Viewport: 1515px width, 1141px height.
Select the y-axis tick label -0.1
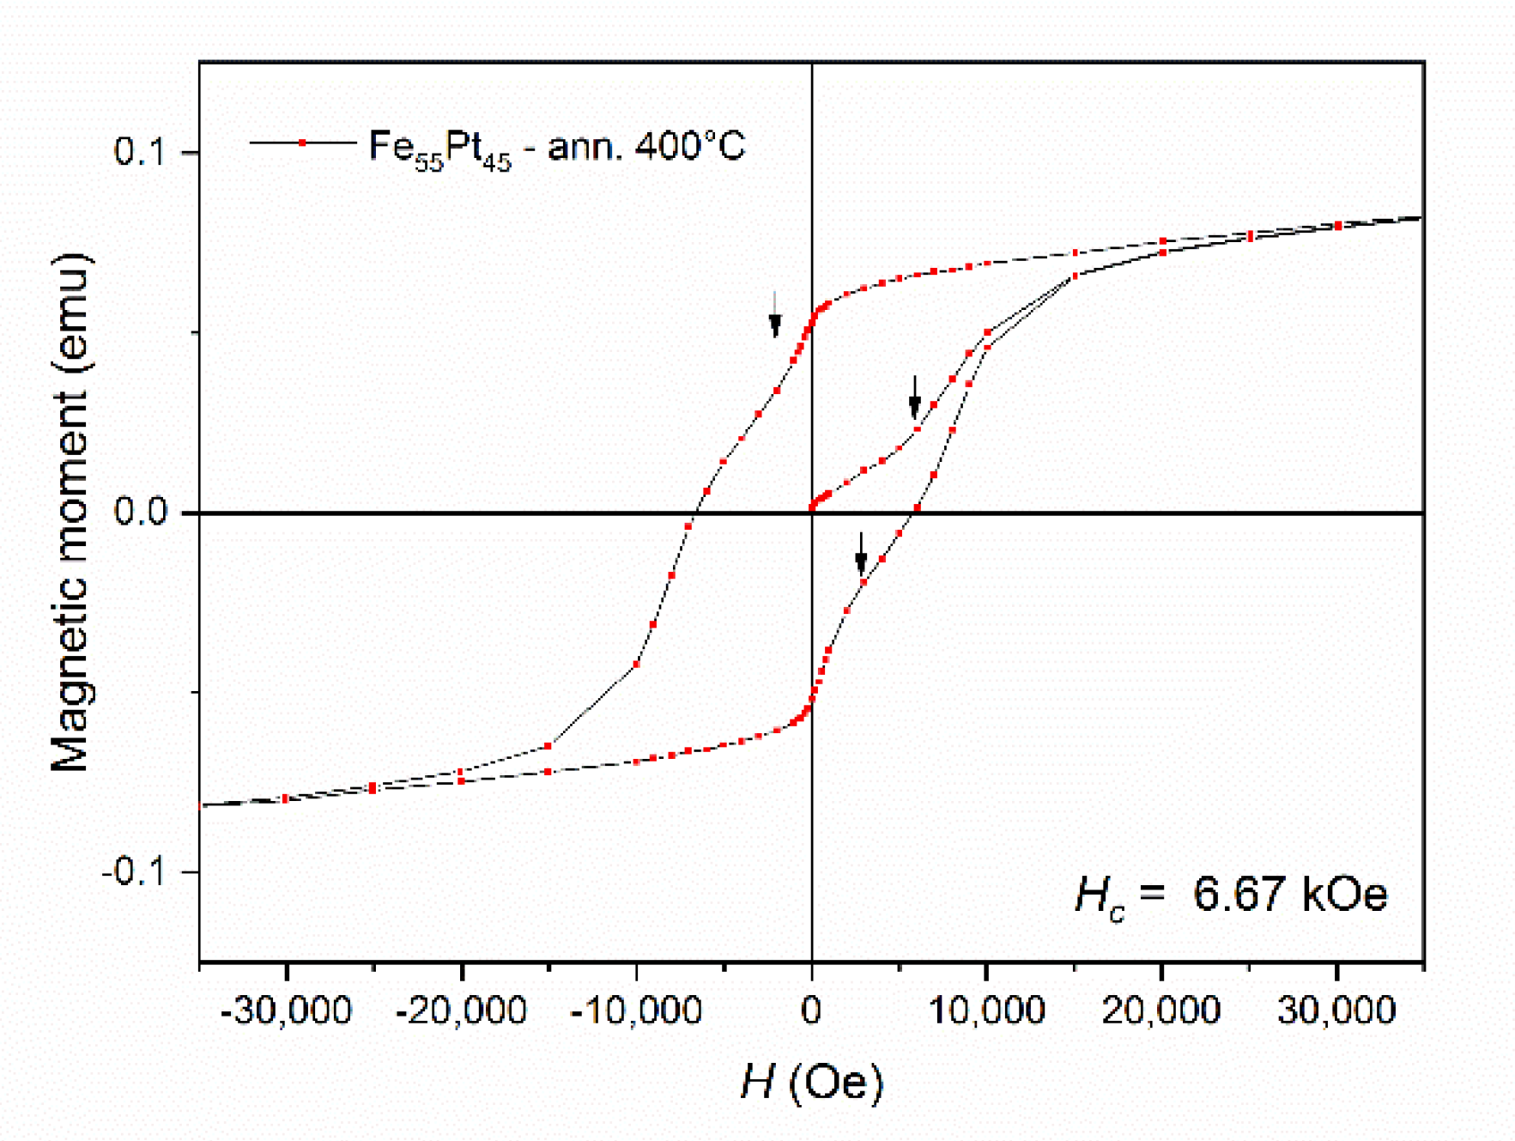[137, 872]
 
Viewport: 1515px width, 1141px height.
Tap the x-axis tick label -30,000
[286, 1011]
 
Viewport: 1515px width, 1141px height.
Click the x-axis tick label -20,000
[461, 1011]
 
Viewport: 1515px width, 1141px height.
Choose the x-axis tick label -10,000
[636, 1011]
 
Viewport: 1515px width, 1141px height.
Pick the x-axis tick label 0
[811, 1011]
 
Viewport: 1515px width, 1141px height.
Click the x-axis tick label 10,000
[986, 1011]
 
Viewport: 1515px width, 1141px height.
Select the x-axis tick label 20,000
[1161, 1011]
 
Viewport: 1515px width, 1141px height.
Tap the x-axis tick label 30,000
[1336, 1011]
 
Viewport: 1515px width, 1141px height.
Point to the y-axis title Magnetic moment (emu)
[70, 513]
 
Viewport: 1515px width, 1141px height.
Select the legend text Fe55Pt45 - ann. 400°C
[556, 148]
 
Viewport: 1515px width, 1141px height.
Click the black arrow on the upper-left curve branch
[775, 315]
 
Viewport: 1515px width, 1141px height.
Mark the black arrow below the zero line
[861, 555]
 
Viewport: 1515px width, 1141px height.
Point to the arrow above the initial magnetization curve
[915, 397]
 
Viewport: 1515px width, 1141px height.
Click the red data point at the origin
[812, 507]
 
